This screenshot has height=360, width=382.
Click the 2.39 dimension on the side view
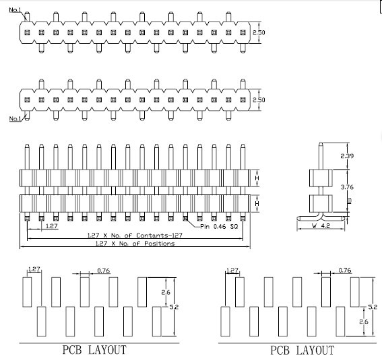pyautogui.click(x=347, y=156)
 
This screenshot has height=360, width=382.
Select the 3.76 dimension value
pyautogui.click(x=347, y=187)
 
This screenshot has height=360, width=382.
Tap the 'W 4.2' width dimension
pyautogui.click(x=321, y=225)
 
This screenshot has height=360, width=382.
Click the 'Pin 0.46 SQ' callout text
pyautogui.click(x=219, y=227)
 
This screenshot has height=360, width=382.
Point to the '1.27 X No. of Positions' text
pyautogui.click(x=135, y=243)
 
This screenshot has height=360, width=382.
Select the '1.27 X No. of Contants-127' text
pyautogui.click(x=135, y=236)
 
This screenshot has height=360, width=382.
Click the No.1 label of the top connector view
pyautogui.click(x=15, y=10)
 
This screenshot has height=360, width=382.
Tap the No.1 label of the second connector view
pyautogui.click(x=15, y=118)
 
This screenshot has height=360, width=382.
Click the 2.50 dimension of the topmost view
pyautogui.click(x=259, y=32)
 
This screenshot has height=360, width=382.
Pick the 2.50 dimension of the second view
pyautogui.click(x=259, y=100)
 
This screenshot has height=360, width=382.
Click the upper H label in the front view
pyautogui.click(x=257, y=178)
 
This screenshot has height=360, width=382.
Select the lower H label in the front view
pyautogui.click(x=257, y=203)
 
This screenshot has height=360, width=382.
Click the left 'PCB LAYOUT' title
pyautogui.click(x=94, y=350)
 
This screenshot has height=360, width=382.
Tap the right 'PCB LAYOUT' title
pyautogui.click(x=303, y=351)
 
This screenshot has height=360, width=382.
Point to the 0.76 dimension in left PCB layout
pyautogui.click(x=104, y=271)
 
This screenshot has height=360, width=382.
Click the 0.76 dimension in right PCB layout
pyautogui.click(x=345, y=271)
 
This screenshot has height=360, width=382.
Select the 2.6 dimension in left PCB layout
pyautogui.click(x=166, y=293)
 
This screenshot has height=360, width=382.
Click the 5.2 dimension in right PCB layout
pyautogui.click(x=373, y=307)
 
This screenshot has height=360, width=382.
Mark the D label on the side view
pyautogui.click(x=350, y=201)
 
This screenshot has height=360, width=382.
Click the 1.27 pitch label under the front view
pyautogui.click(x=52, y=226)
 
